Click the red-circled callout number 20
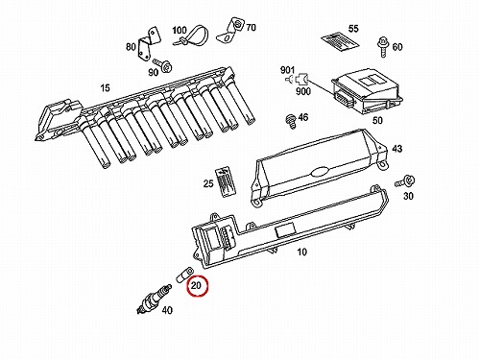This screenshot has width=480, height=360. (196, 285)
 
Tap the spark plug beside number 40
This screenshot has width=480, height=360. (154, 299)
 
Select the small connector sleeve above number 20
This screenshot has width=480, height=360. (184, 275)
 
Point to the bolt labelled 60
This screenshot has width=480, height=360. (383, 47)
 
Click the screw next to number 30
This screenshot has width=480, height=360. (405, 181)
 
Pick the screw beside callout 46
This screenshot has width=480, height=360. (291, 121)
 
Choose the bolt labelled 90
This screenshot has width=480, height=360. (163, 64)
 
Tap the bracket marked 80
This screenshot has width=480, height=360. (149, 43)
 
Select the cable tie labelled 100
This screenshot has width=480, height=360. (192, 36)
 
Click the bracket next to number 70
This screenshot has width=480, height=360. (230, 31)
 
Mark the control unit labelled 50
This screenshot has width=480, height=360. (367, 91)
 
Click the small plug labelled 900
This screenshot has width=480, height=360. (301, 79)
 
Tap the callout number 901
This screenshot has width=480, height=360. (287, 70)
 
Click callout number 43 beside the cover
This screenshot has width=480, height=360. (396, 149)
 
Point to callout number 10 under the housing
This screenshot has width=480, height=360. (301, 252)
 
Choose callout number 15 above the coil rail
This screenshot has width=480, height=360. (105, 87)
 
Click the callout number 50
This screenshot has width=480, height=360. (377, 120)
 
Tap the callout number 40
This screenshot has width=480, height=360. (167, 310)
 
